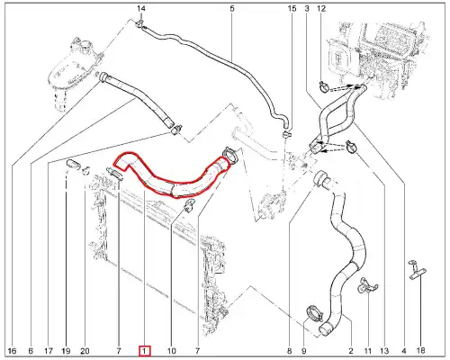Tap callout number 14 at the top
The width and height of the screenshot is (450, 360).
(x=140, y=8)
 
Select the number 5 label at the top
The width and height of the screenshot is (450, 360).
(x=231, y=8)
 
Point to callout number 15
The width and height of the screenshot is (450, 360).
(x=291, y=8)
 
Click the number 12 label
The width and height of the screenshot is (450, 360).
(x=322, y=8)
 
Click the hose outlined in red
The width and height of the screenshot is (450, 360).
(x=175, y=175)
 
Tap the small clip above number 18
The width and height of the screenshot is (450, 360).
(x=415, y=266)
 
